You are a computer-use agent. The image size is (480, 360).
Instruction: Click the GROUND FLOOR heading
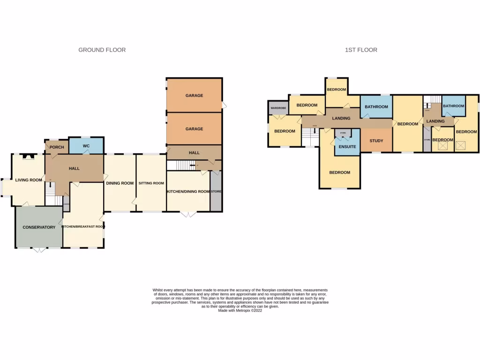(102, 50)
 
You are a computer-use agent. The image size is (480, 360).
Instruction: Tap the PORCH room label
(56, 147)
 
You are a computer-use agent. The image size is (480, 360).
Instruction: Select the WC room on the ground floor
(86, 146)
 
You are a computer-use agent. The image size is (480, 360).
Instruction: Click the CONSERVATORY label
(39, 227)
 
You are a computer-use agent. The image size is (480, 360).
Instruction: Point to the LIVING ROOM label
(29, 180)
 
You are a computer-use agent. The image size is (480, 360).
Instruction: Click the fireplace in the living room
(29, 157)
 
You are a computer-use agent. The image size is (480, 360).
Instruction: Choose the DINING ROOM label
(120, 183)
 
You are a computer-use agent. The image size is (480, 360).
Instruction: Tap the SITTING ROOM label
(151, 183)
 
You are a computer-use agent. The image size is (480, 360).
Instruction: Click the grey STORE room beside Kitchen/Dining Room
(216, 191)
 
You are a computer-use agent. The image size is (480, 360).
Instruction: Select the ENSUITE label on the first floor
(347, 147)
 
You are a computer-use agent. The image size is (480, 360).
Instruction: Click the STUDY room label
(376, 141)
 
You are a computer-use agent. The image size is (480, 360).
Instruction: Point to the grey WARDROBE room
(278, 108)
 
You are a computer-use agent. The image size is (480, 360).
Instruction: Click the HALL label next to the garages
(194, 153)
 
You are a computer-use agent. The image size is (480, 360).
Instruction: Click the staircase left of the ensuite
(310, 137)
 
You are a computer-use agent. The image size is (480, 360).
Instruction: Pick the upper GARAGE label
(194, 96)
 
